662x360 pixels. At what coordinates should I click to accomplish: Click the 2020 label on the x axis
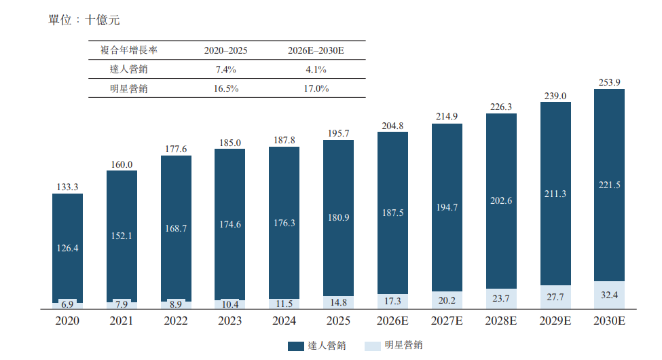point(67,321)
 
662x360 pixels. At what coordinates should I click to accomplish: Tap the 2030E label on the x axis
point(609,321)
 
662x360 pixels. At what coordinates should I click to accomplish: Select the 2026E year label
point(392,321)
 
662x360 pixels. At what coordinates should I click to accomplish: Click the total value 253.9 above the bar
point(609,82)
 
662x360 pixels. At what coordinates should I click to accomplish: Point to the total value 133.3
point(67,187)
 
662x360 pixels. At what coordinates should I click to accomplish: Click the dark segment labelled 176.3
point(284,223)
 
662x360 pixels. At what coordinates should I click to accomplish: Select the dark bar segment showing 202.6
point(501,201)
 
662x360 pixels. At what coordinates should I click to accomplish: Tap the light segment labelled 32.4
point(609,295)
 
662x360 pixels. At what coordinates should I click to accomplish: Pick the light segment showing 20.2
point(447,300)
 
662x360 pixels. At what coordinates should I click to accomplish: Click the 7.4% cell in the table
point(226,69)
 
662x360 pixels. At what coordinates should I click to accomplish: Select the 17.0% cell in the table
point(316,88)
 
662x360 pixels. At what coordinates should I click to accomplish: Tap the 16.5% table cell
point(226,88)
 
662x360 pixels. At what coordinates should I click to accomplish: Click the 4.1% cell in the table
point(316,69)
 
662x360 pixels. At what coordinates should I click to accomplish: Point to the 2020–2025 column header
point(226,50)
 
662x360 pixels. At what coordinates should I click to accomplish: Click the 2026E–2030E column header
point(316,50)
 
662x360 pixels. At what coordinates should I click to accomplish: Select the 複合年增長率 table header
point(129,50)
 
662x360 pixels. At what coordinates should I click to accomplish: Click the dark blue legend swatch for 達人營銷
point(296,346)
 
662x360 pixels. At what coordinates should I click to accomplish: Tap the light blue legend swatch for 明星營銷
point(373,346)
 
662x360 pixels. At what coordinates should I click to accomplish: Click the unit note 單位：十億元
point(84,20)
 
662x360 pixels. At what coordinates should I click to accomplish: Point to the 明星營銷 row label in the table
point(129,88)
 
